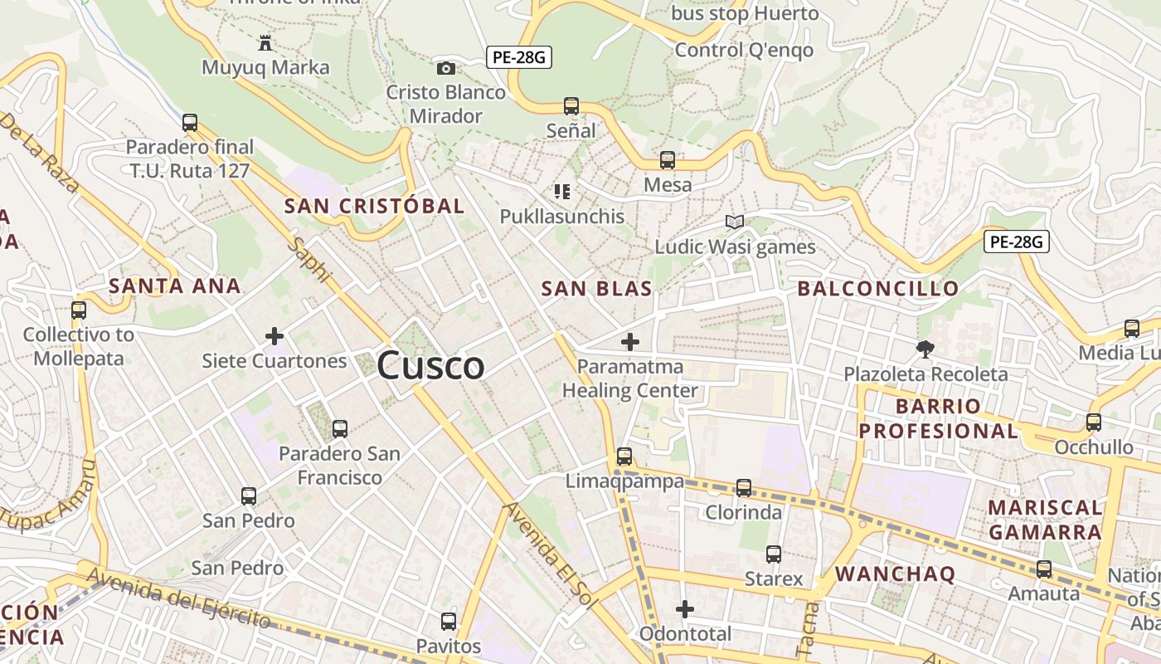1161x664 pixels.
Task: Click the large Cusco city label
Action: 430,366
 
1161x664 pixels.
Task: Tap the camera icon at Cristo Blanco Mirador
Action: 446,68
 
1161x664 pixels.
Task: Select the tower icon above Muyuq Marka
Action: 265,42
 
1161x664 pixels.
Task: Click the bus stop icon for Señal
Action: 571,106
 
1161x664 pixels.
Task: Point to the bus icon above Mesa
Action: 668,160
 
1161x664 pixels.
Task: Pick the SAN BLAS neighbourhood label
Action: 596,289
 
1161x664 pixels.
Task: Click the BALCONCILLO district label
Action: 878,289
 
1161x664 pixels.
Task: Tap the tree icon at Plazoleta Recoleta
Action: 925,349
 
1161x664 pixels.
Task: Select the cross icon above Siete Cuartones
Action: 274,336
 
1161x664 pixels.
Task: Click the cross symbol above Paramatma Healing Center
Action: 630,341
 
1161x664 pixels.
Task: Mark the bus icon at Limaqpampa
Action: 624,456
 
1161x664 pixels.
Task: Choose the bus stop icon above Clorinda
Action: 744,488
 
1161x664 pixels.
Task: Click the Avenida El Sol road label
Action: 549,554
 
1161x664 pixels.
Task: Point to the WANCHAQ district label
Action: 895,574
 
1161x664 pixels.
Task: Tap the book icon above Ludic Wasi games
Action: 734,222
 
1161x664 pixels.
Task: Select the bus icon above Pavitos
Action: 449,621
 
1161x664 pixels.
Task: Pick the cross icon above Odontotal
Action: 685,610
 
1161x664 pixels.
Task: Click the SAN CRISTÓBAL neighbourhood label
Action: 374,206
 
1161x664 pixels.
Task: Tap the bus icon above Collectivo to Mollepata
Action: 79,310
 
